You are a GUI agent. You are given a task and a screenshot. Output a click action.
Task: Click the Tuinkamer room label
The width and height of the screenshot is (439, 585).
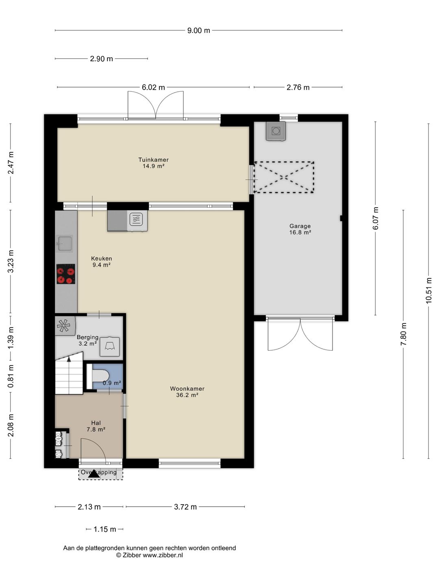pyautogui.click(x=153, y=160)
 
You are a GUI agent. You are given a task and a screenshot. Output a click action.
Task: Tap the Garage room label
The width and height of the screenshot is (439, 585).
pyautogui.click(x=300, y=226)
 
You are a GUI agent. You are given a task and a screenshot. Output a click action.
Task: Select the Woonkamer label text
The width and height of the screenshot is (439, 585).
pyautogui.click(x=187, y=389)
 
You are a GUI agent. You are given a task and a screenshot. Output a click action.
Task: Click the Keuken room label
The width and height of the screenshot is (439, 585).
pyautogui.click(x=101, y=258)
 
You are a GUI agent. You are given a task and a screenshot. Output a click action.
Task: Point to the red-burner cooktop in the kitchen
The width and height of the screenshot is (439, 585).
pyautogui.click(x=65, y=274)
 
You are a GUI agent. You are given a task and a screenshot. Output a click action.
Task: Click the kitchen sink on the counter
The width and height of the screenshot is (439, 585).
pyautogui.click(x=65, y=243)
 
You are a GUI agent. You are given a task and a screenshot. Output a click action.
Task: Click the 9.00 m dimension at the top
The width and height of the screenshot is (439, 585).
pyautogui.click(x=199, y=30)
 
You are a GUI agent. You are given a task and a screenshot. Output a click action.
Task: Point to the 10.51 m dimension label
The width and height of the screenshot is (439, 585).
pyautogui.click(x=428, y=290)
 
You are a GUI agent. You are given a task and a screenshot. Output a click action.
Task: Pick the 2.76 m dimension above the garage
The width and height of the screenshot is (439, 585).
pyautogui.click(x=298, y=87)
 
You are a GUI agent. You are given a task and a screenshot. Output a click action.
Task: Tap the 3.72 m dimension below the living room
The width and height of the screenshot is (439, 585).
pyautogui.click(x=185, y=507)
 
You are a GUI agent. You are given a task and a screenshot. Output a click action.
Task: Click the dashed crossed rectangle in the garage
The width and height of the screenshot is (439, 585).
pyautogui.click(x=284, y=177)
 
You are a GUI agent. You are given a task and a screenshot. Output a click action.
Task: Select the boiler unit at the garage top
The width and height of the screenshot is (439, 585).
pyautogui.click(x=276, y=131)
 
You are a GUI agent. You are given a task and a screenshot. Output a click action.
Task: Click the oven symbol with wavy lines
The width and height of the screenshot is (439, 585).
pyautogui.click(x=137, y=221)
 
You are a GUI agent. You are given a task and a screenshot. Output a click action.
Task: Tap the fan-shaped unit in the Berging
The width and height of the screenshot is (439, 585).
pyautogui.click(x=65, y=325)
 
